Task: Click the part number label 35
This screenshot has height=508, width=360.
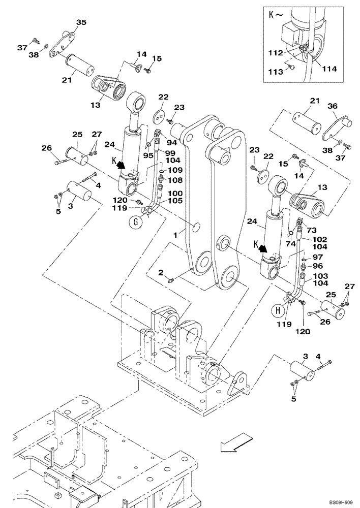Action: coord(81,22)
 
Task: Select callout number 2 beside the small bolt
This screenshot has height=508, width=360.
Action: coord(161,273)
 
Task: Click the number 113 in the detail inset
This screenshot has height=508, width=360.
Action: coord(277,72)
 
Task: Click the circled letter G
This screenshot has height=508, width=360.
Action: coord(134,221)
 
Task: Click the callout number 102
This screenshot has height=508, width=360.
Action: coord(319,239)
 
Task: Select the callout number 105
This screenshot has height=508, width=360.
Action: coord(175,201)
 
